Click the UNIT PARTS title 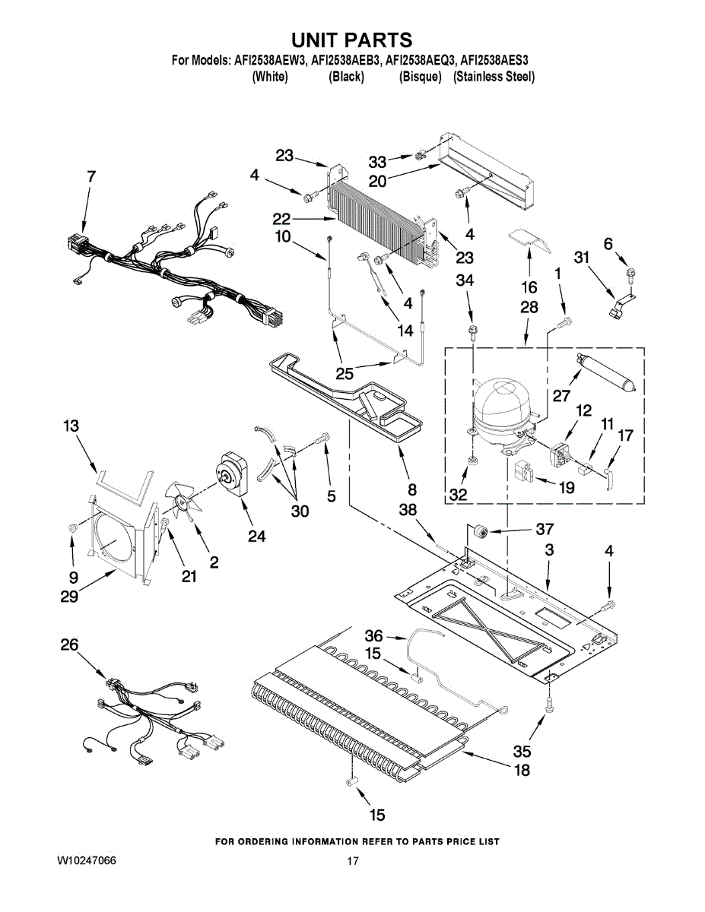(x=352, y=40)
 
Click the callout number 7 (x=91, y=176)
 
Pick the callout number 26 (x=69, y=645)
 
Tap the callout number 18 (x=521, y=770)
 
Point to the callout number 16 (x=529, y=287)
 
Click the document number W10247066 (x=87, y=861)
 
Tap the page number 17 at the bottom (x=352, y=861)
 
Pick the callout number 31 (x=582, y=258)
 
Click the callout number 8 (x=411, y=489)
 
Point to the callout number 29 (x=71, y=597)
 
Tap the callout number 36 (x=373, y=635)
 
